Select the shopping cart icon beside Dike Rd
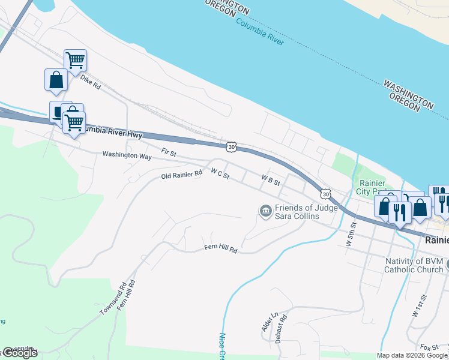point(75,60)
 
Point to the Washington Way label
point(127,155)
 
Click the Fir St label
point(168,153)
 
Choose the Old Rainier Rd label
point(182,175)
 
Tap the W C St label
point(220,173)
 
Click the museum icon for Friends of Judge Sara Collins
point(264,211)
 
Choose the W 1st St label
point(418,305)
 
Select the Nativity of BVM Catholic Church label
point(413,265)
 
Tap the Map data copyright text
point(411,355)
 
